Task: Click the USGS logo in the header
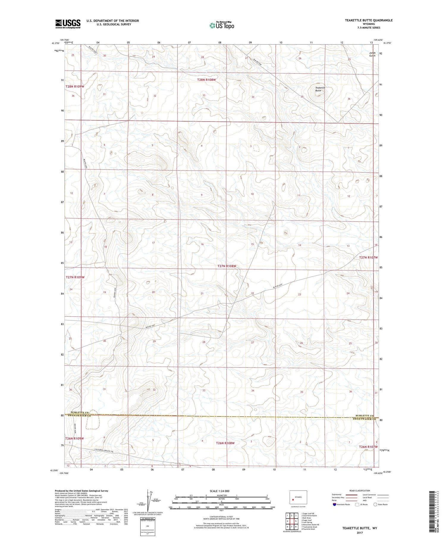(x=68, y=24)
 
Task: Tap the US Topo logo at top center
(x=222, y=26)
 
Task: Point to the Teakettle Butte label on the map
(x=320, y=89)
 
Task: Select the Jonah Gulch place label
(x=372, y=54)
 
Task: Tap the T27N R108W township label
(x=227, y=266)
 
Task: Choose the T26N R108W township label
(x=225, y=443)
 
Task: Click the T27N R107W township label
(x=368, y=257)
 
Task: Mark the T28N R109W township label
(x=75, y=87)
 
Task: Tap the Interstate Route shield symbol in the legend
(x=335, y=505)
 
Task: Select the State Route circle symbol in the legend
(x=375, y=505)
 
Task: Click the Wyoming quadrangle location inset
(x=298, y=497)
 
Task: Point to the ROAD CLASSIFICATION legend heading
(x=360, y=491)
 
